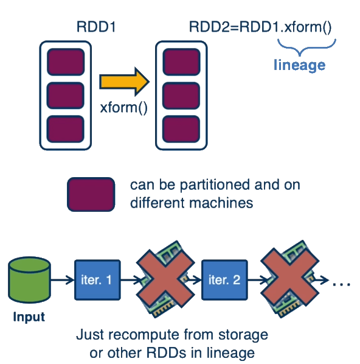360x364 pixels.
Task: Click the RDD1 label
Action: pos(95,27)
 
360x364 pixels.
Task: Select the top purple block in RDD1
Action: pos(65,61)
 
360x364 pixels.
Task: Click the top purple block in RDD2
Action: pos(181,61)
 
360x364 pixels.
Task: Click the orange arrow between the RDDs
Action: pos(124,81)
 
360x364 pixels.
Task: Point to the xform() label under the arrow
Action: pos(124,110)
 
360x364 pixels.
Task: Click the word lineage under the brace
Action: pos(300,65)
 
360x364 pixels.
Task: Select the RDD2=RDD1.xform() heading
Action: pos(261,27)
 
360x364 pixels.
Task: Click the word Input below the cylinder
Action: pos(29,317)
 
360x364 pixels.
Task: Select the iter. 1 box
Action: pos(97,280)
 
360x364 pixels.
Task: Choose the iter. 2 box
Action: pos(224,280)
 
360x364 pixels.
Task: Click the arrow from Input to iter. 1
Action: pos(62,281)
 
